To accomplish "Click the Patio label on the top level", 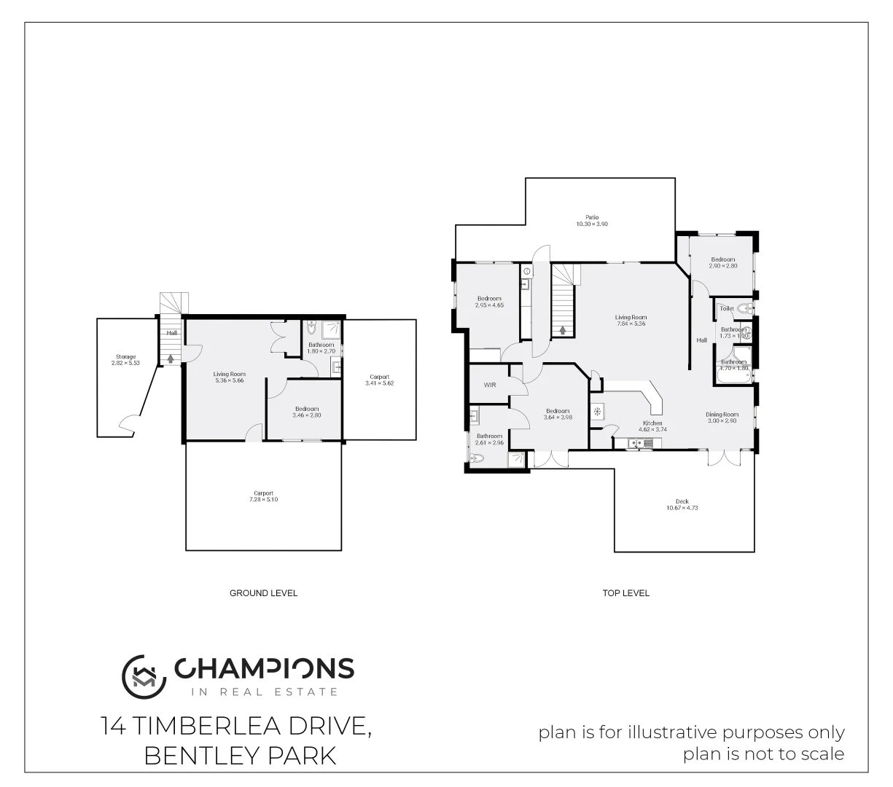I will (591, 217).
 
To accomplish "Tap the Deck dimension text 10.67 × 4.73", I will (682, 508).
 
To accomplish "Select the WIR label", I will (489, 385).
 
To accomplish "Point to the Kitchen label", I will (652, 423).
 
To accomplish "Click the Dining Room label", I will (721, 415).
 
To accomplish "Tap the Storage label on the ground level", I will (125, 356).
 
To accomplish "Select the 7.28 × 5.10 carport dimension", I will (263, 500).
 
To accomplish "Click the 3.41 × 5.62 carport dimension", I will (379, 383).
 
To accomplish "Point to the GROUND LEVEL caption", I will (263, 593).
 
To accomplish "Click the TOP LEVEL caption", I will (625, 593).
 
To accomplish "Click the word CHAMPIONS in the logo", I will (264, 668).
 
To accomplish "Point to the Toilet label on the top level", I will (726, 309).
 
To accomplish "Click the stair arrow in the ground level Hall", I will (171, 359).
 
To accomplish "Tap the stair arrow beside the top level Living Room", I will (562, 330).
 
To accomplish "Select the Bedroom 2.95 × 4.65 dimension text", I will (489, 305).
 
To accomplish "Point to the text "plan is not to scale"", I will (763, 754).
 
